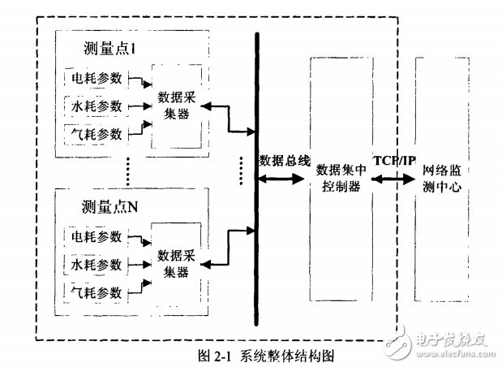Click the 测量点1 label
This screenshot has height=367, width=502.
coord(114,49)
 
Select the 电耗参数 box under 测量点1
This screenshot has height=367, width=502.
coord(97,78)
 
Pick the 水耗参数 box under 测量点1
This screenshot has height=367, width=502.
coord(97,105)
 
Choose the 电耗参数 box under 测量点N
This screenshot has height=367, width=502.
coord(97,237)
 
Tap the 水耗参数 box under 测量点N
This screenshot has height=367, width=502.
coord(97,264)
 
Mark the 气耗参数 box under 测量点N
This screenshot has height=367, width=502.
coord(97,291)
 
